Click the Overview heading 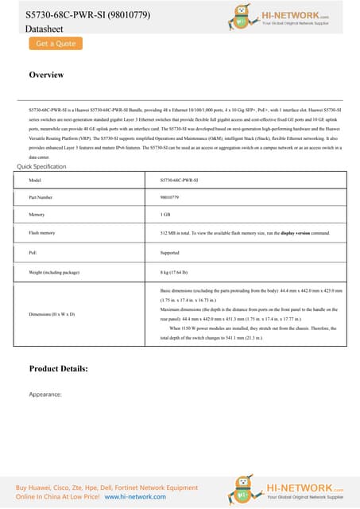[x=46, y=75]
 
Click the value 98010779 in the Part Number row [x=168, y=196]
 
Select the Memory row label [x=37, y=215]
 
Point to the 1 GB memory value [x=165, y=215]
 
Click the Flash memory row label [x=41, y=233]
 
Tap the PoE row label [x=33, y=251]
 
